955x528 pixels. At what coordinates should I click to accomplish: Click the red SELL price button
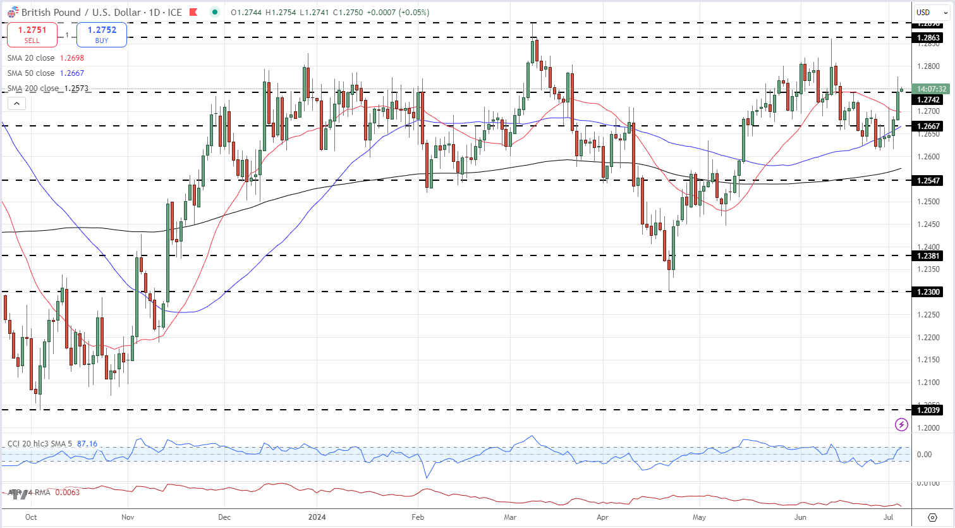32,34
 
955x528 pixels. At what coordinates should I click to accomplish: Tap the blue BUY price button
102,34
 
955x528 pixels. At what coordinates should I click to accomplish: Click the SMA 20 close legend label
31,58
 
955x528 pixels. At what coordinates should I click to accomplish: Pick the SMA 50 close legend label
31,73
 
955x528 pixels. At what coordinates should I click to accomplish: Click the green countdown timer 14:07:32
931,89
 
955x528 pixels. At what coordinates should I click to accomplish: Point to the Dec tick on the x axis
224,517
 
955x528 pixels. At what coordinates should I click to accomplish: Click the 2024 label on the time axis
317,517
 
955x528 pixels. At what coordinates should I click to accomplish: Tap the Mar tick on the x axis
510,517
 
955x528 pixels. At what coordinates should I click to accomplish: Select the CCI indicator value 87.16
87,444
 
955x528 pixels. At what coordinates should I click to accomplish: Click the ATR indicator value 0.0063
68,492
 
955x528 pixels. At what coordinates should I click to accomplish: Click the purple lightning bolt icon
902,425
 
